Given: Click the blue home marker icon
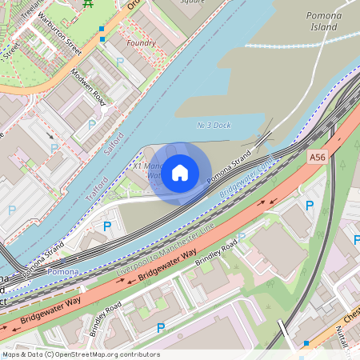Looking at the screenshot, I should pos(180,172).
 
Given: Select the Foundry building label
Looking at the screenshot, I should pos(142,42).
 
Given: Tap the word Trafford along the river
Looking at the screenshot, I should pos(97,187).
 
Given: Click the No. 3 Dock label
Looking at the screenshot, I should pos(214,126).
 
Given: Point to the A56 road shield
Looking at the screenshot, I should pos(318,158).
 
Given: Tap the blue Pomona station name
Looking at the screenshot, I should pos(63,272).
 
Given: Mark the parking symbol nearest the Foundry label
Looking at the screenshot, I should pos(120,61).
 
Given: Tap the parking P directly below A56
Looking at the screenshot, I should pos(310,206).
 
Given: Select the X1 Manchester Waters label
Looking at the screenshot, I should pos(148,169).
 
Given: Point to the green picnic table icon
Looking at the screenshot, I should pos(88,4).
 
